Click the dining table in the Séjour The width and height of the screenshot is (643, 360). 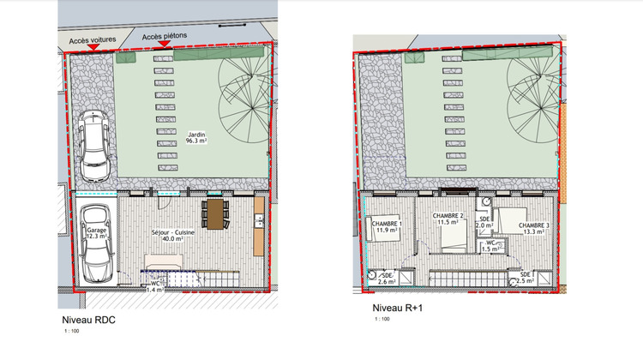click(215, 213)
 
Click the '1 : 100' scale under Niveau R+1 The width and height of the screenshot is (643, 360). click(380, 321)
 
